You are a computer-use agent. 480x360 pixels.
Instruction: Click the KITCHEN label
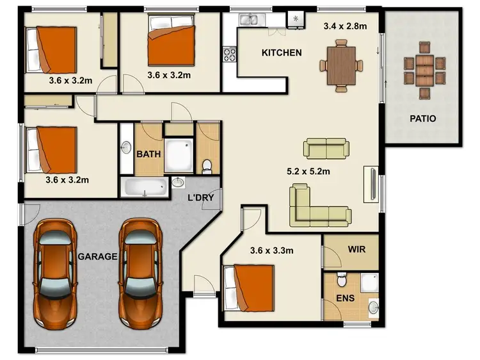(x=282, y=53)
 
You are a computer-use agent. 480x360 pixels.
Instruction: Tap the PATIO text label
(x=423, y=119)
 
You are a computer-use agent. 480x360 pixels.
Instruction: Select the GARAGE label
(x=97, y=256)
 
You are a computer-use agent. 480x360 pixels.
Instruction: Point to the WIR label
(x=356, y=249)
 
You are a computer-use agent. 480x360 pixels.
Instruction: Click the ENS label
(x=344, y=299)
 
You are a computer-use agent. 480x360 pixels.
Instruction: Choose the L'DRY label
(x=200, y=198)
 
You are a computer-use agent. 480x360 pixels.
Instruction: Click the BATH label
(x=148, y=154)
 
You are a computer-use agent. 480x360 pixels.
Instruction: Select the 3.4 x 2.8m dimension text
(x=345, y=27)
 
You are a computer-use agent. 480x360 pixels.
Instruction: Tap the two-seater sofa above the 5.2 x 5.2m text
(x=326, y=148)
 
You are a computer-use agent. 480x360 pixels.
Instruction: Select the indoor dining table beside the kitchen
(x=341, y=64)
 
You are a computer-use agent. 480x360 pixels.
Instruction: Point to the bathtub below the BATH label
(x=145, y=187)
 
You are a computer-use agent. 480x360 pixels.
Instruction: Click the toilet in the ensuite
(x=342, y=281)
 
